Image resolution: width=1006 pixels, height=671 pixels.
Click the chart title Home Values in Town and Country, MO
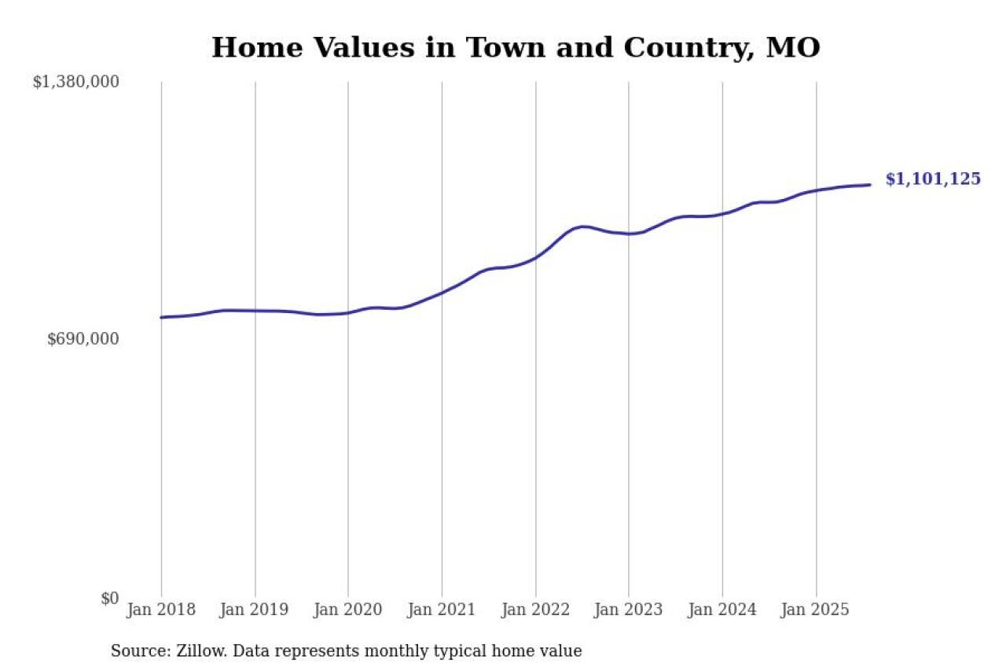(516, 48)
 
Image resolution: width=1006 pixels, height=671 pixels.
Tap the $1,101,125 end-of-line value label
(933, 179)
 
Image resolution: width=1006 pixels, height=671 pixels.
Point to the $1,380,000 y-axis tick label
(76, 82)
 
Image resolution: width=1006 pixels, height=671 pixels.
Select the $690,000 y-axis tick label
(83, 339)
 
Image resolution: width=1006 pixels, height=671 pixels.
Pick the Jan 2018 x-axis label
(161, 610)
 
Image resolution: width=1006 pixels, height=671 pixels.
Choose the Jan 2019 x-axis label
(255, 610)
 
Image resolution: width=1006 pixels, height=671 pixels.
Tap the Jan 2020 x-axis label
(348, 610)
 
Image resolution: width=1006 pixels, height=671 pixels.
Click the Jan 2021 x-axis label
(442, 610)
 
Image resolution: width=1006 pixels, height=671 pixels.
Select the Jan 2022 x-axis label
(535, 610)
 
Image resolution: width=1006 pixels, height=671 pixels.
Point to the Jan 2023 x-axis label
(629, 610)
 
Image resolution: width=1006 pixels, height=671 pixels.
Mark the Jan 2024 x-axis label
(722, 610)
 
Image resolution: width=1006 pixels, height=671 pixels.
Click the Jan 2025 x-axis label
(816, 610)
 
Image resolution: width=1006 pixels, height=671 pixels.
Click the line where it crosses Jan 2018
(162, 317)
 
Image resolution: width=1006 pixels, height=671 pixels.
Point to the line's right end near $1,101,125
(870, 185)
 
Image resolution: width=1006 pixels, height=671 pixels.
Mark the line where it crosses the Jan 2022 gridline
(536, 257)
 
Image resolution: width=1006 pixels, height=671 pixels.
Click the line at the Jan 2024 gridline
(722, 214)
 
